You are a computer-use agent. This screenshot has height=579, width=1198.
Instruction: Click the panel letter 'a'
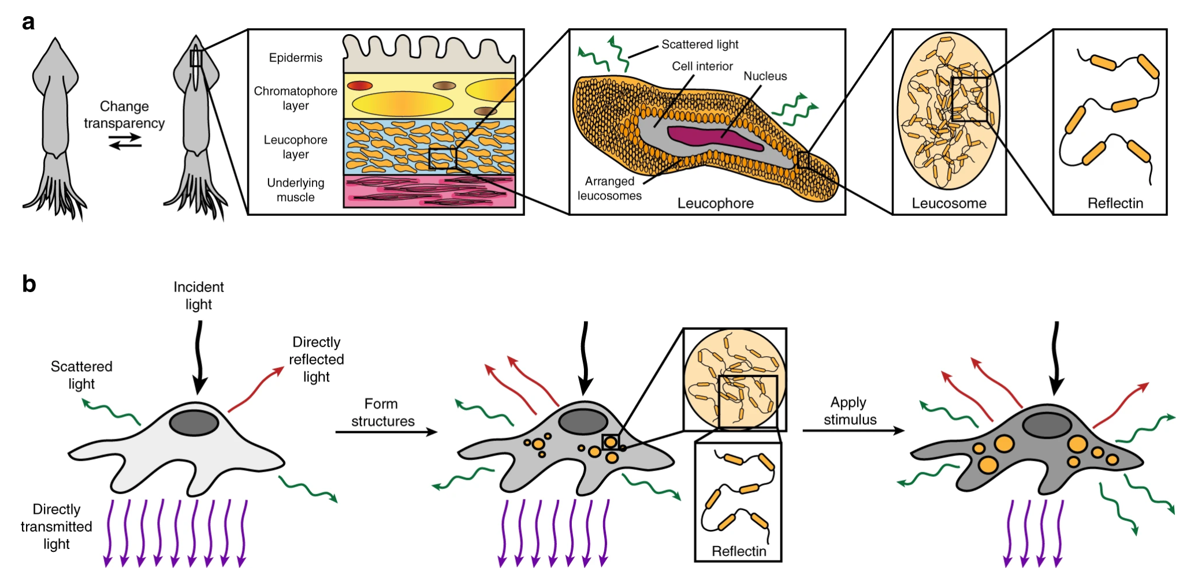28,23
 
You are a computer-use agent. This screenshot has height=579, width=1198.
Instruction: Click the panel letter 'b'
29,284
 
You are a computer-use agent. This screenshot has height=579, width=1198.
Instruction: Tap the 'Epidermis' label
295,58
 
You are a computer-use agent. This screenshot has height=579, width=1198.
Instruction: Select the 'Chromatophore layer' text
295,98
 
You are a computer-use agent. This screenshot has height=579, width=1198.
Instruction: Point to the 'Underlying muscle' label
295,190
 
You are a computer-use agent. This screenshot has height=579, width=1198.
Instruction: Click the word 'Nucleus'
765,76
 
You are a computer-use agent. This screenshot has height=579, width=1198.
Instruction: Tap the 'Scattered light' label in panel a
700,44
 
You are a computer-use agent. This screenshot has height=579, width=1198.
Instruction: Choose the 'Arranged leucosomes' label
609,188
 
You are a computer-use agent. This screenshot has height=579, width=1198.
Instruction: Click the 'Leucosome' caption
948,203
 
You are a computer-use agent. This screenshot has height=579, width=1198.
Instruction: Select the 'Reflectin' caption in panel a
1115,203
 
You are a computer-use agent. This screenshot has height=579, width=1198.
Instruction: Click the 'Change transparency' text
124,114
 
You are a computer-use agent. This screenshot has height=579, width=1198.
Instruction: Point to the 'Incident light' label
198,296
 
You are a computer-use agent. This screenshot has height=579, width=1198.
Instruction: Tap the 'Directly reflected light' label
316,359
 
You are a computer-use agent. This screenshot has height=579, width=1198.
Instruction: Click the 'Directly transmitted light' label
56,526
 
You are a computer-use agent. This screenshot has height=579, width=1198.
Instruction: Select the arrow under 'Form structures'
386,432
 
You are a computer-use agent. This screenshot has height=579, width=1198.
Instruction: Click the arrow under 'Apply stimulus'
853,430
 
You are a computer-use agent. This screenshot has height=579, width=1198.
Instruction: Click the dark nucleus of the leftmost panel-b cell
194,423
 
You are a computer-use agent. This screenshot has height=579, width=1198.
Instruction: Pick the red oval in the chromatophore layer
359,85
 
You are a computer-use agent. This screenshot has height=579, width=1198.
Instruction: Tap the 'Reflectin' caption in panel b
738,551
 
